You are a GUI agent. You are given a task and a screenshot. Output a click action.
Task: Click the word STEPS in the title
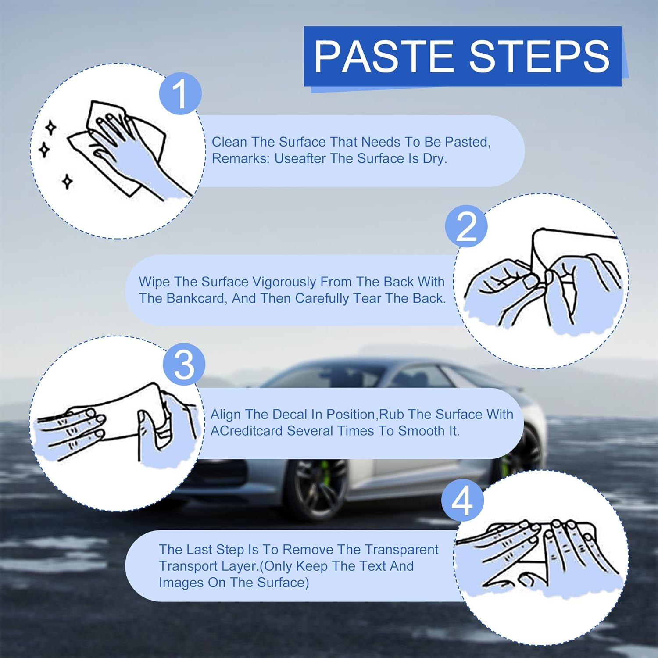click(540, 56)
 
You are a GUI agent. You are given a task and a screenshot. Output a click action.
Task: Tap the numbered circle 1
click(180, 94)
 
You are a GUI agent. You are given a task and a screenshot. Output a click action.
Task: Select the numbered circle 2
click(466, 226)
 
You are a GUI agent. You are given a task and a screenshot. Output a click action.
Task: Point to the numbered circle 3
click(184, 365)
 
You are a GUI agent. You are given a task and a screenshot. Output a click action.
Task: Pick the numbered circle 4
click(463, 500)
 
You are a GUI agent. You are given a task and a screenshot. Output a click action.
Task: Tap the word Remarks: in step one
click(241, 158)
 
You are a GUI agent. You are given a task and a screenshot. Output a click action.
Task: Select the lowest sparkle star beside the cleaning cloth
click(67, 181)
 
